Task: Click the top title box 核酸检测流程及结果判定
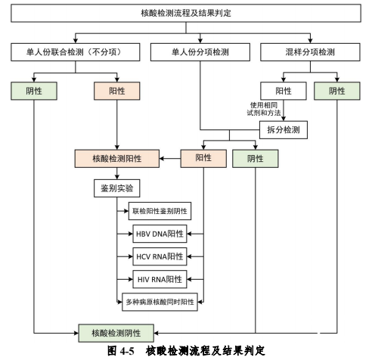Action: click(186, 13)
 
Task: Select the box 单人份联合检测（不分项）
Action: click(75, 52)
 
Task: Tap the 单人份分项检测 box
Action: click(200, 52)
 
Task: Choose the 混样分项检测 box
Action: click(310, 52)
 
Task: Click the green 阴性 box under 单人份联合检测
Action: click(34, 91)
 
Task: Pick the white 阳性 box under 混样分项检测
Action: click(284, 91)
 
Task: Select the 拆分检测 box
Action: click(284, 130)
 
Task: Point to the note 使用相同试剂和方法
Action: click(264, 109)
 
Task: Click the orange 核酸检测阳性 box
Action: click(117, 159)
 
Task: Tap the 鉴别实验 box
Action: click(117, 188)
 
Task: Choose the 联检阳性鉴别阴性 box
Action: click(160, 211)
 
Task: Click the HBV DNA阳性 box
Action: click(160, 234)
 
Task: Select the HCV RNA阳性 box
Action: click(160, 256)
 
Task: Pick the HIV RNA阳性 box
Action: click(160, 279)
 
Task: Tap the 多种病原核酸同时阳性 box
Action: click(160, 302)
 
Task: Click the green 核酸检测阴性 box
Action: click(116, 333)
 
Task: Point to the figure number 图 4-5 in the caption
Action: click(121, 351)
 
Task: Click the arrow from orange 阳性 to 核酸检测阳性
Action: click(170, 159)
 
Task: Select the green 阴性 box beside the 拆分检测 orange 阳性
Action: click(256, 159)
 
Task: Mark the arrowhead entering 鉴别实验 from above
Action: click(117, 177)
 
